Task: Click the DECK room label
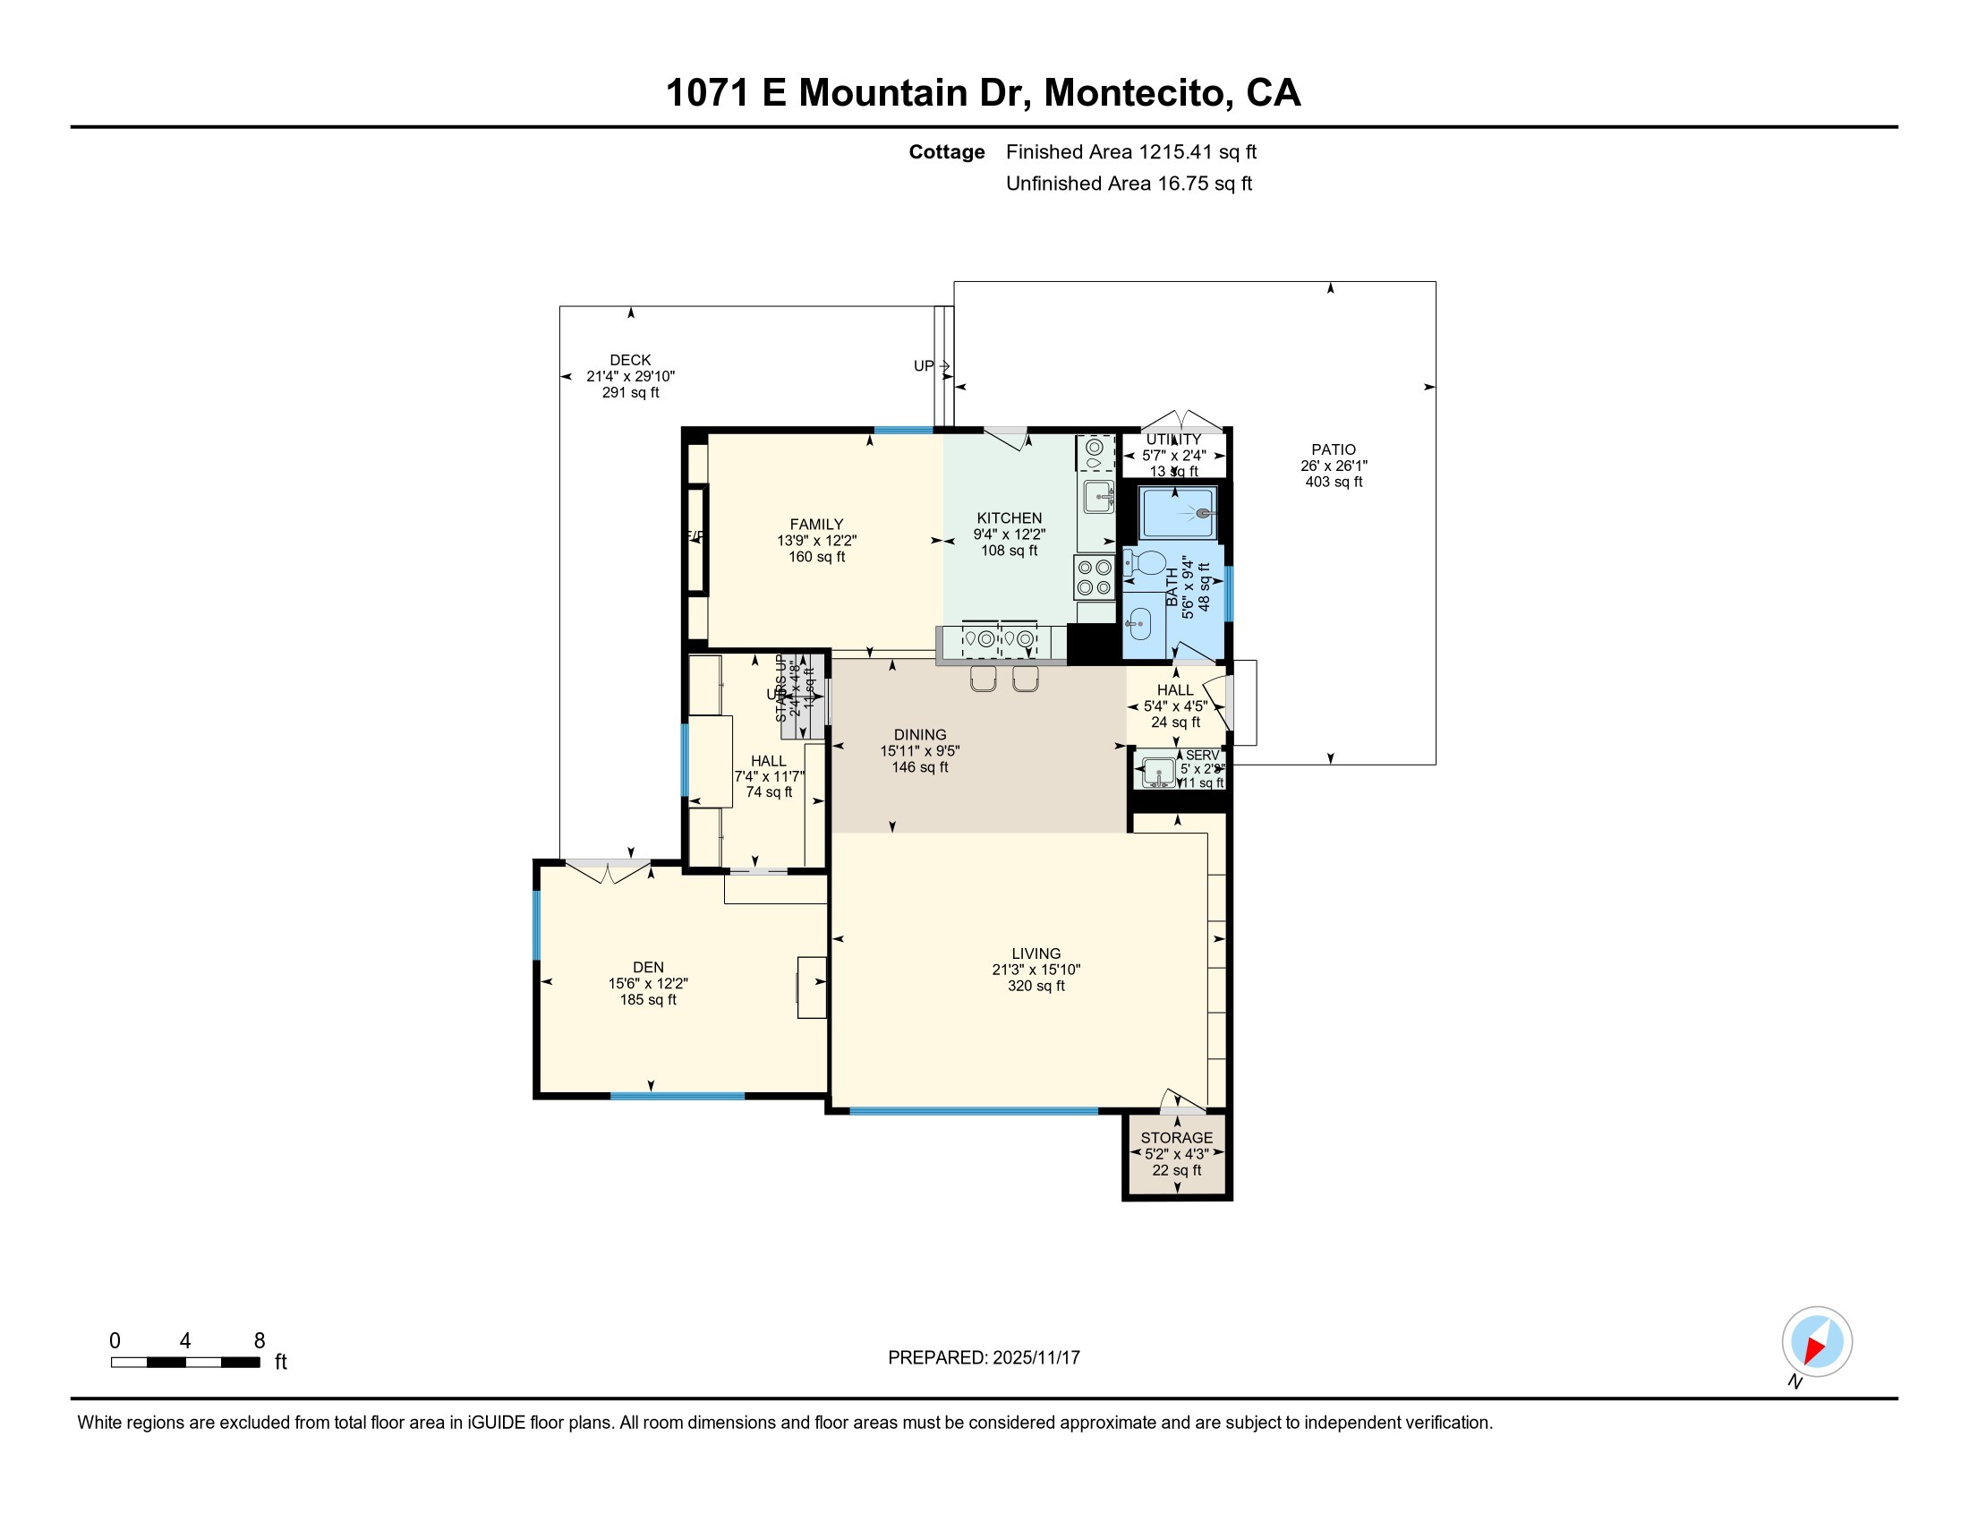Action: [x=629, y=360]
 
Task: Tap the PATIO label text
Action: [x=1333, y=449]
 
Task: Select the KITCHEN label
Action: [x=1009, y=517]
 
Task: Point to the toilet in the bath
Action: [x=1145, y=564]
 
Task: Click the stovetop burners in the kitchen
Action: [x=1095, y=577]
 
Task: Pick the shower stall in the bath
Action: [x=1178, y=513]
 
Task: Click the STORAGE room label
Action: [x=1176, y=1137]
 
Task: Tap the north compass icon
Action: [x=1816, y=1342]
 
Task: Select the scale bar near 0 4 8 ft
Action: [x=185, y=1362]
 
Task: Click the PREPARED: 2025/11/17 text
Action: [x=983, y=1357]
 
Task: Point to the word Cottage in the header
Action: [x=946, y=151]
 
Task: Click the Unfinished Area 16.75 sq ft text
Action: [x=1128, y=183]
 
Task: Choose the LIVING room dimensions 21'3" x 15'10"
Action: [x=1035, y=970]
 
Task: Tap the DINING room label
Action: [x=919, y=734]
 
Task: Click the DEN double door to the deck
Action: [x=608, y=871]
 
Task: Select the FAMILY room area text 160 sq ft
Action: [x=816, y=556]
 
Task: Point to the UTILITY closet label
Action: [x=1173, y=439]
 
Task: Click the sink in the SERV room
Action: [x=1156, y=772]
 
